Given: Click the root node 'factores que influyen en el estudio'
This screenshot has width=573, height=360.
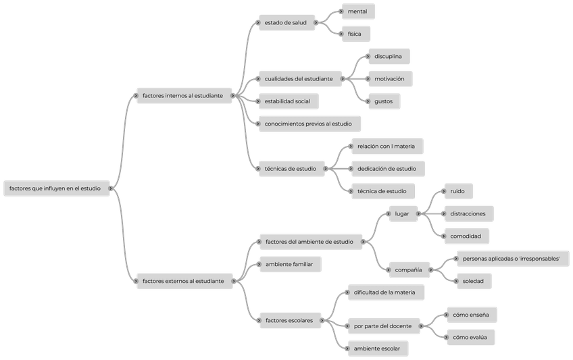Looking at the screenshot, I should pos(57,188).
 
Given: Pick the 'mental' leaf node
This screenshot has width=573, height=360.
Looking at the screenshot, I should pos(358,11).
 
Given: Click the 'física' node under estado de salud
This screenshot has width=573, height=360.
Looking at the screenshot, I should pos(355,34).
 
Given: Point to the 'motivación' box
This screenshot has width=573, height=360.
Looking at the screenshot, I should pos(389,79).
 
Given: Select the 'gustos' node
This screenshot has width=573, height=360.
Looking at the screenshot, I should pos(384,101).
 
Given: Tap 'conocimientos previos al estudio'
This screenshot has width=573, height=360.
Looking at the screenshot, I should pos(309,124).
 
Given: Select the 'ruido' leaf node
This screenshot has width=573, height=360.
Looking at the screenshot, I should pos(457,191).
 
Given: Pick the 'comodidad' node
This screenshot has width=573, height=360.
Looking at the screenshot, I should pos(466,236).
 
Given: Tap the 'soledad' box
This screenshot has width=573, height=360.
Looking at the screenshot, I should pos(472,280).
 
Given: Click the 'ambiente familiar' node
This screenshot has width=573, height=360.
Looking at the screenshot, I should pos(289,263).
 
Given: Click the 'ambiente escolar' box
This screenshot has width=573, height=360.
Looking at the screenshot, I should pos(377,349).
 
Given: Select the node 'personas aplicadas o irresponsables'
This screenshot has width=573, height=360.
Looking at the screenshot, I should pos(512,259).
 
